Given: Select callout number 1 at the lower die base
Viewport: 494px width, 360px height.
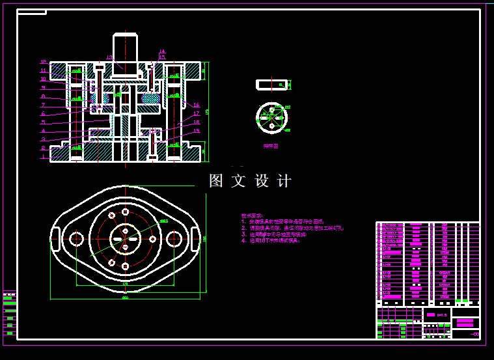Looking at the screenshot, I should (44, 157).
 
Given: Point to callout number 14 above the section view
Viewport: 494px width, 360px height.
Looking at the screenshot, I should (162, 51).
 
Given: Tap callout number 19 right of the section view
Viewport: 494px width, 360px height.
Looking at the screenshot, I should (197, 130).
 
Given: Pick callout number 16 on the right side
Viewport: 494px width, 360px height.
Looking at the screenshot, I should (196, 105).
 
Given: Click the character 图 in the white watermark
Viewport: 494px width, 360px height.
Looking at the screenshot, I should (216, 181).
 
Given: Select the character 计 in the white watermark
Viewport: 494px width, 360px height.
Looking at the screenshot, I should (284, 181).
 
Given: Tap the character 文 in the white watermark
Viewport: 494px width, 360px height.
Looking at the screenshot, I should (239, 181).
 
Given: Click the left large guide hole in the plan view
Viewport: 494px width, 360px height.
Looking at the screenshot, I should (76, 239).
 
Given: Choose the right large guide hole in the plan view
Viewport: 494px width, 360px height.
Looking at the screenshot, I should (174, 239).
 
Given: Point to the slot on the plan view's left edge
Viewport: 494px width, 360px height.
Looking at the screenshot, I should (56, 238).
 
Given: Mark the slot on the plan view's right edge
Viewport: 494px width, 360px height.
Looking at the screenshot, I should (194, 238).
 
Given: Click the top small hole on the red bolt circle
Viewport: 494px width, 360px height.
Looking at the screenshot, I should (125, 212).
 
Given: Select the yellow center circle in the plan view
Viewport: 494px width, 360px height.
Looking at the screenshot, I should (125, 238).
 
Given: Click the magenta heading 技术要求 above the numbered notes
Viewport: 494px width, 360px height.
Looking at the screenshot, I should (253, 215).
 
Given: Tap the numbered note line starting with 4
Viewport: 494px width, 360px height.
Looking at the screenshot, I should (271, 241).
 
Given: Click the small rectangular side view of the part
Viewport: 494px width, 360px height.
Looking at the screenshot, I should (272, 85).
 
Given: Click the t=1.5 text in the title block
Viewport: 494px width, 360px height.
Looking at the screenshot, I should (441, 314).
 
